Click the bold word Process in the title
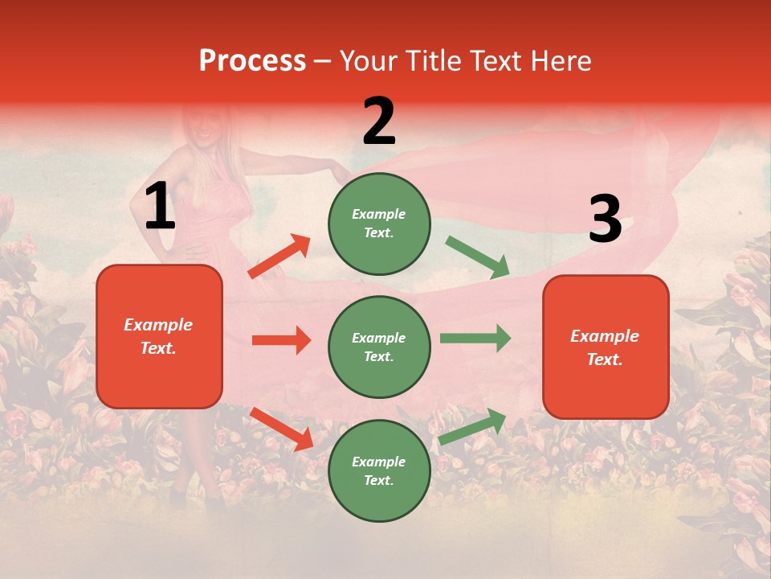pyautogui.click(x=252, y=61)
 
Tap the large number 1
pyautogui.click(x=160, y=207)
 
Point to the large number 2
pyautogui.click(x=379, y=122)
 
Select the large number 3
pyautogui.click(x=605, y=220)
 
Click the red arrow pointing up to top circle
pyautogui.click(x=279, y=257)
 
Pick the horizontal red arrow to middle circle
pyautogui.click(x=281, y=340)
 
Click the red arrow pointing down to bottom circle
pyautogui.click(x=281, y=429)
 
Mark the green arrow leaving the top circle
pyautogui.click(x=477, y=257)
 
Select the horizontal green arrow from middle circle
pyautogui.click(x=475, y=339)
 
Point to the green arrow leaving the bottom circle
pyautogui.click(x=472, y=426)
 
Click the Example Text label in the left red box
pyautogui.click(x=159, y=336)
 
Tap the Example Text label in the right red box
pyautogui.click(x=605, y=347)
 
